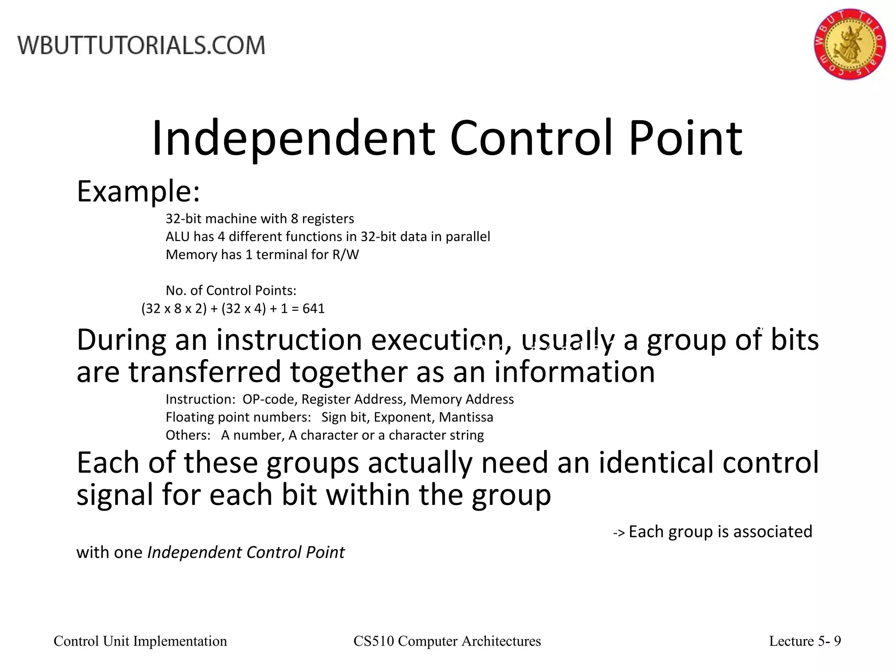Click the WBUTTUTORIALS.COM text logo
tap(141, 45)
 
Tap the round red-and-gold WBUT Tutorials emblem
tap(850, 44)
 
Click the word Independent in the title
tap(293, 138)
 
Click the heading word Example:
tap(138, 192)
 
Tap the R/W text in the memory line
tap(345, 255)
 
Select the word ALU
tap(177, 237)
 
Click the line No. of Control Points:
tap(231, 291)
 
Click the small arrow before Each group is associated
tap(619, 533)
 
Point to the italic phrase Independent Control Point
tap(246, 553)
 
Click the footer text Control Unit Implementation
tap(140, 641)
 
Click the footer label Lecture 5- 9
tap(805, 641)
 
